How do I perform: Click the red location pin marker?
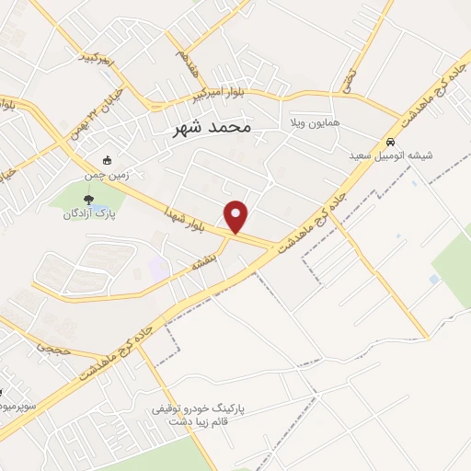pyautogui.click(x=237, y=215)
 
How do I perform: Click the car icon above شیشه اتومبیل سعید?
pyautogui.click(x=391, y=142)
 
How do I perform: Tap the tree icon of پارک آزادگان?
pyautogui.click(x=89, y=199)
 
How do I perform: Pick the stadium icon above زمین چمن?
pyautogui.click(x=108, y=158)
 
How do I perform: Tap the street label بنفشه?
pyautogui.click(x=203, y=263)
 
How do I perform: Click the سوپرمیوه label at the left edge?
pyautogui.click(x=17, y=405)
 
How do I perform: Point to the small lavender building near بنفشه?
pyautogui.click(x=158, y=269)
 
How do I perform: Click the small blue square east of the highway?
pyautogui.click(x=434, y=279)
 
